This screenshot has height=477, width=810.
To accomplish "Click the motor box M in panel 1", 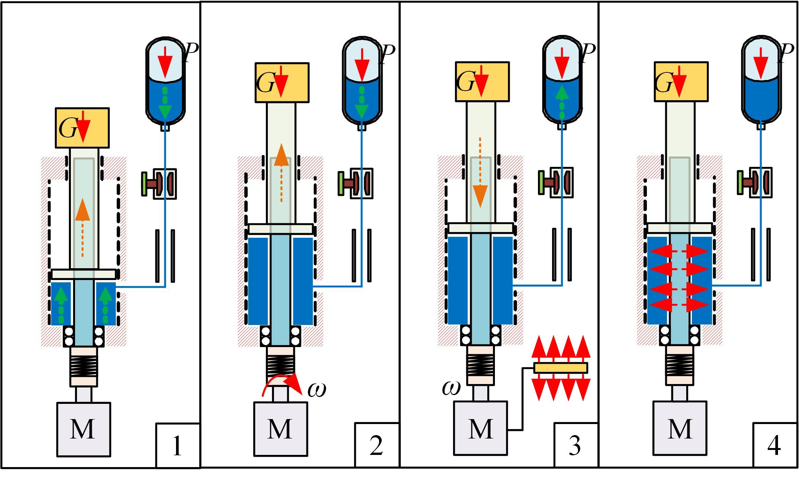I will pyautogui.click(x=83, y=429).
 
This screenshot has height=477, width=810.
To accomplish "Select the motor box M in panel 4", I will pyautogui.click(x=680, y=428).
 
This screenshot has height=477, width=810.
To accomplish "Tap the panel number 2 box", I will pyautogui.click(x=376, y=445).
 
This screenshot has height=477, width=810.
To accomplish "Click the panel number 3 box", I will pyautogui.click(x=575, y=445).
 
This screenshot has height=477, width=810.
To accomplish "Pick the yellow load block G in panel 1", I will pyautogui.click(x=82, y=128).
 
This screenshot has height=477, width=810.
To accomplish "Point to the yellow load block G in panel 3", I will pyautogui.click(x=482, y=82).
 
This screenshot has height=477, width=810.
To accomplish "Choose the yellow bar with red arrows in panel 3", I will pyautogui.click(x=560, y=368).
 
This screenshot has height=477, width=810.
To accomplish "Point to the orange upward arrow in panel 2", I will pyautogui.click(x=281, y=171).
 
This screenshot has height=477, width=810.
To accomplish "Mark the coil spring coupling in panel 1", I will pyautogui.click(x=84, y=367).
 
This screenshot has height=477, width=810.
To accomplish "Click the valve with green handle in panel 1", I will pyautogui.click(x=159, y=184).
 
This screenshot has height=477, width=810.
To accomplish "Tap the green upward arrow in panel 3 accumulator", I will pyautogui.click(x=562, y=101).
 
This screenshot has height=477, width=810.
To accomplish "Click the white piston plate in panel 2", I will pyautogui.click(x=280, y=229).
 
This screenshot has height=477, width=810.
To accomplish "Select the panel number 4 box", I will pyautogui.click(x=774, y=445).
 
